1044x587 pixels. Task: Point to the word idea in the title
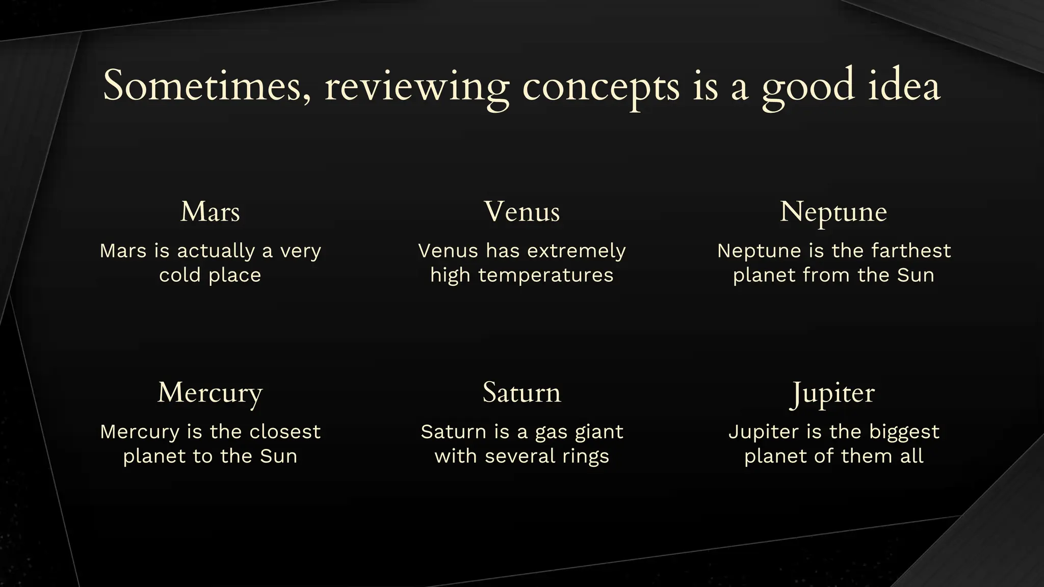(x=903, y=86)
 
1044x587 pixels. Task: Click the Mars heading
(x=210, y=211)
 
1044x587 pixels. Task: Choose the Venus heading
(x=522, y=211)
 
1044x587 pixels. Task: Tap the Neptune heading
(x=833, y=212)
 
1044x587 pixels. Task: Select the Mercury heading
(x=210, y=393)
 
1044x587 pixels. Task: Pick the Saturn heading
(x=522, y=392)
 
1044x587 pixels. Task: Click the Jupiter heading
(x=833, y=393)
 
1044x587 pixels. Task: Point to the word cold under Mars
(x=179, y=275)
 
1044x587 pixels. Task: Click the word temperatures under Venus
(x=546, y=275)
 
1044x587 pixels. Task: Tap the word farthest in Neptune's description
(x=911, y=251)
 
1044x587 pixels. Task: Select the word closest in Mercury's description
(x=285, y=432)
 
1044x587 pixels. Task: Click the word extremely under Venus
(x=576, y=251)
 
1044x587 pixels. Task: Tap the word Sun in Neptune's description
(x=916, y=275)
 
